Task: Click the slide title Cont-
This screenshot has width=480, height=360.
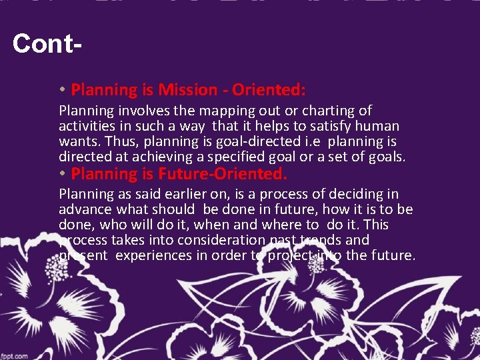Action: click(x=47, y=45)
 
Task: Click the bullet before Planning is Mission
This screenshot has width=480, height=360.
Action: click(x=61, y=90)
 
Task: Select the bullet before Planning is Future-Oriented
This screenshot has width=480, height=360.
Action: click(x=61, y=175)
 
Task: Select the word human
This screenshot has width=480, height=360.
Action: click(x=377, y=126)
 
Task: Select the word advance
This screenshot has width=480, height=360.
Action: click(x=82, y=210)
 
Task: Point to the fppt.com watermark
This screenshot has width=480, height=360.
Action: click(x=15, y=355)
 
